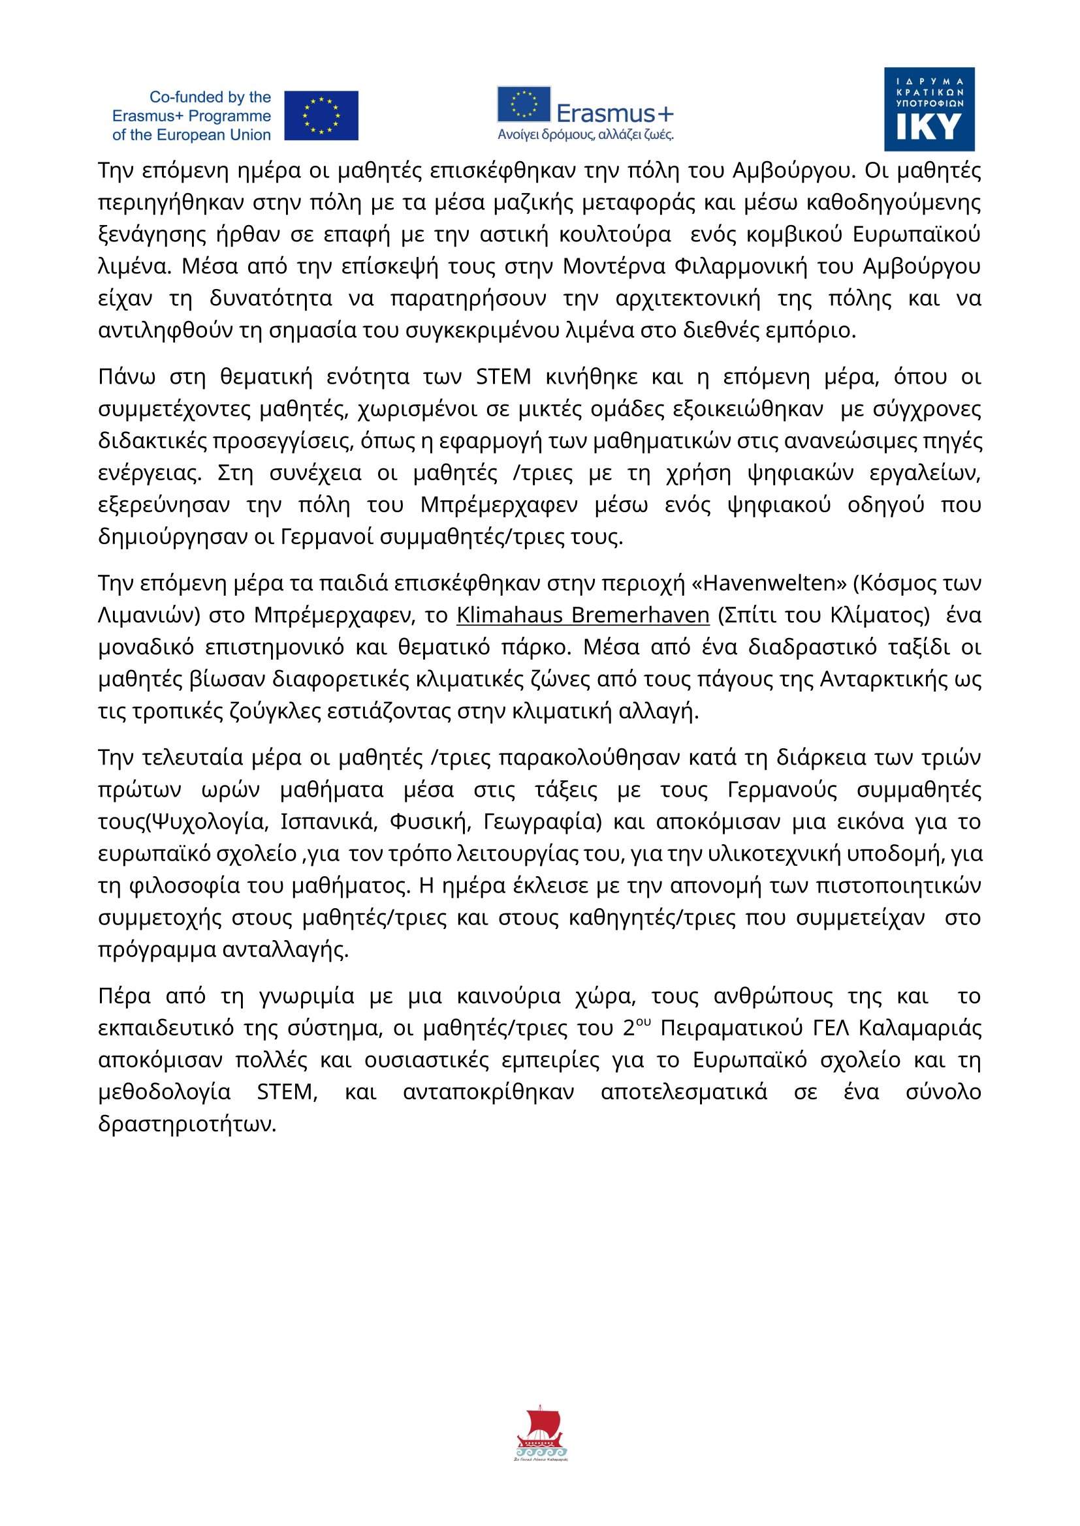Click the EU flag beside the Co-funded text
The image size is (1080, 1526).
coord(321,115)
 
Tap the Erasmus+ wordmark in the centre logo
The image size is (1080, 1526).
coord(614,114)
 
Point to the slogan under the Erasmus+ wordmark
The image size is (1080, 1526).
coord(585,135)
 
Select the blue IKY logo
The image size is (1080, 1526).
coord(929,109)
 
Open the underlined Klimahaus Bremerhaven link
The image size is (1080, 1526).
coord(582,615)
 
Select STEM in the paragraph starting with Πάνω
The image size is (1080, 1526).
coord(503,377)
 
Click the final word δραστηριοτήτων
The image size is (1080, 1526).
coord(187,1124)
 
